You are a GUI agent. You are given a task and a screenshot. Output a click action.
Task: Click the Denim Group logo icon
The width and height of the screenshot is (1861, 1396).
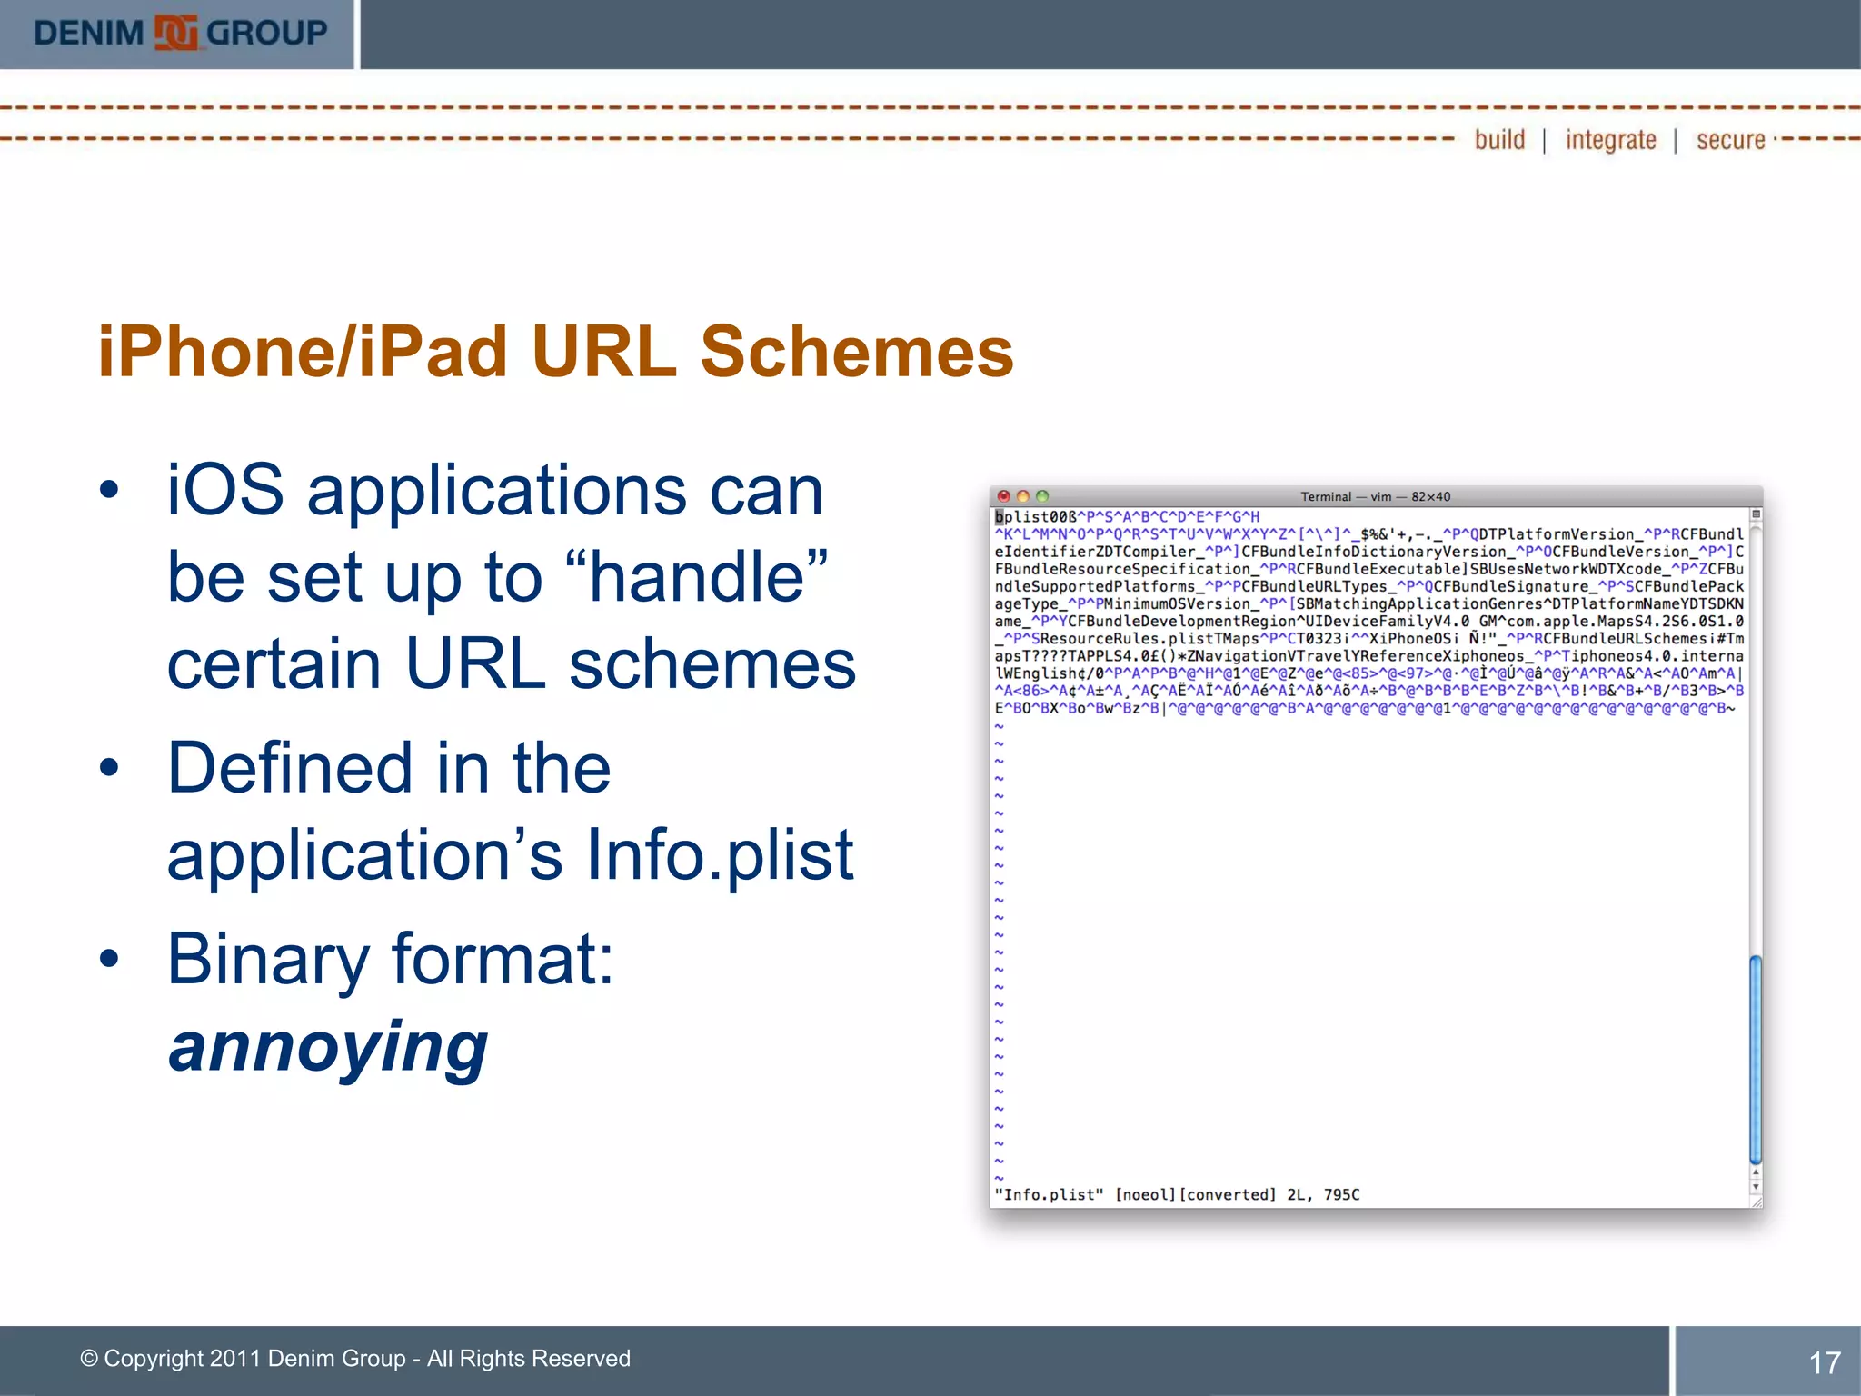pyautogui.click(x=175, y=34)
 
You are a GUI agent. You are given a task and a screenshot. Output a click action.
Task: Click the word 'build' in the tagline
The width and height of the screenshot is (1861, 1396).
pyautogui.click(x=1499, y=140)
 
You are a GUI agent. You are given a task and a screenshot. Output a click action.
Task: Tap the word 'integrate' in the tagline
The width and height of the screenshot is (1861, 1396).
pyautogui.click(x=1610, y=140)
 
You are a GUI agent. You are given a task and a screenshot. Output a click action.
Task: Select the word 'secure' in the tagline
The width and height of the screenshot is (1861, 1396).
pyautogui.click(x=1730, y=140)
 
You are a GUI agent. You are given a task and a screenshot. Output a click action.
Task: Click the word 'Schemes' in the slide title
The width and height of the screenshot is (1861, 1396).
pyautogui.click(x=856, y=352)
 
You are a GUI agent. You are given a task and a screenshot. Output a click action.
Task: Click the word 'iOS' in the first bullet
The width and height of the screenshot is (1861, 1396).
pyautogui.click(x=225, y=491)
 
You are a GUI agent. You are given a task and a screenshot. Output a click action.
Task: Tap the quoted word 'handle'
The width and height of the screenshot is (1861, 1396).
pyautogui.click(x=696, y=578)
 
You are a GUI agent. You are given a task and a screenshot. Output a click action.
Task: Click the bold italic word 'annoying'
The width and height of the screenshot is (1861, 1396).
pyautogui.click(x=328, y=1047)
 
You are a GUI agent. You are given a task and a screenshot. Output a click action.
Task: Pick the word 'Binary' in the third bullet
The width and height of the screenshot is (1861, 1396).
pyautogui.click(x=268, y=960)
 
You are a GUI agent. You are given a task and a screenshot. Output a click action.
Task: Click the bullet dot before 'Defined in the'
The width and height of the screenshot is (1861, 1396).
pyautogui.click(x=110, y=769)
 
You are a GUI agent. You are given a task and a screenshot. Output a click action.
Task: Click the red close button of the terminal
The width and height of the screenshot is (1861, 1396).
pyautogui.click(x=1004, y=496)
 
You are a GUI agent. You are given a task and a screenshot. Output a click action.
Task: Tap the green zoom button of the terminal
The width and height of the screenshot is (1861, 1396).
pyautogui.click(x=1042, y=496)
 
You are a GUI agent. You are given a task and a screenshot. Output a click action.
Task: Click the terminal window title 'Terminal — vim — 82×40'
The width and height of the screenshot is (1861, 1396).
pyautogui.click(x=1375, y=496)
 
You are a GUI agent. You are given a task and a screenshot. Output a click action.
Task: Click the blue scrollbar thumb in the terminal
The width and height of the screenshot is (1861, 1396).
pyautogui.click(x=1756, y=1059)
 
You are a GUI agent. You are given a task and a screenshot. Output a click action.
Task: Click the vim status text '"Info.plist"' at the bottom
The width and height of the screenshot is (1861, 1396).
pyautogui.click(x=1050, y=1194)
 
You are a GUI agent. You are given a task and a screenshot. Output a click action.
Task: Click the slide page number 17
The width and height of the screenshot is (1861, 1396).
pyautogui.click(x=1824, y=1362)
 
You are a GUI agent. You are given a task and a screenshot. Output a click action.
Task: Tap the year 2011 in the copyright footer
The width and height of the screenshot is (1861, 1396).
pyautogui.click(x=234, y=1359)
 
